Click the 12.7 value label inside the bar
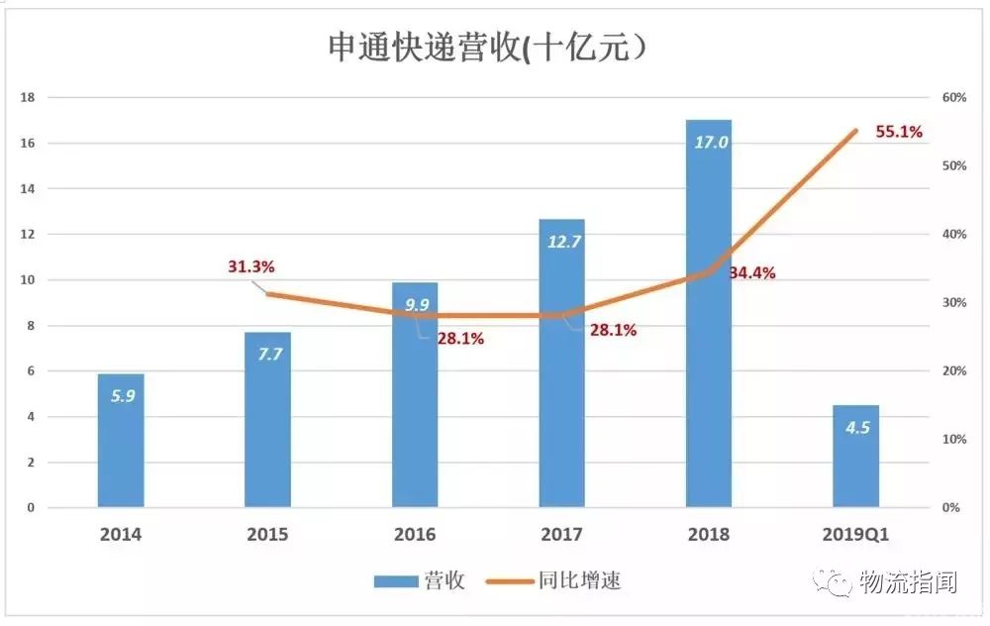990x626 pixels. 562,241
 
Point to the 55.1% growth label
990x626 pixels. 899,131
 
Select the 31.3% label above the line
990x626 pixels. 250,266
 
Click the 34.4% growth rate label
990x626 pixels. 752,272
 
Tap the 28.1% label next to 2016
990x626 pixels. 460,339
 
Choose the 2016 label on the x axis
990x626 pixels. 415,535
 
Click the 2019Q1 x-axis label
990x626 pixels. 856,535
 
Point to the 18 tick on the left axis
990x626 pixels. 28,97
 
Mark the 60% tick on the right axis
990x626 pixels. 953,97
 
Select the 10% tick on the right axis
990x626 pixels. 953,439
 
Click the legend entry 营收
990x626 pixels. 420,581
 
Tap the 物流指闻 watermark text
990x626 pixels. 908,582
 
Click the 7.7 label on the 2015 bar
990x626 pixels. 268,356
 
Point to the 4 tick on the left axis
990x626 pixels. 31,417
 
